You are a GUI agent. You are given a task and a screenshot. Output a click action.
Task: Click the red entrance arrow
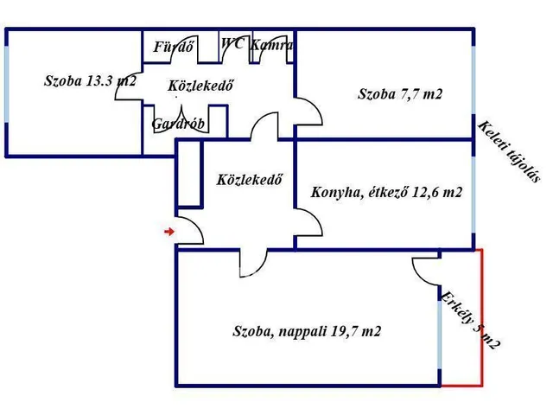pyautogui.click(x=169, y=231)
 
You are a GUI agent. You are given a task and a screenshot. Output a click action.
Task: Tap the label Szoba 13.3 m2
pyautogui.click(x=90, y=81)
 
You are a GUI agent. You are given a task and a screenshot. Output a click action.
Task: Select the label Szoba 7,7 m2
pyautogui.click(x=400, y=93)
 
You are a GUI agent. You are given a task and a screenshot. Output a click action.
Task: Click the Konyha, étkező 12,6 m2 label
pyautogui.click(x=385, y=192)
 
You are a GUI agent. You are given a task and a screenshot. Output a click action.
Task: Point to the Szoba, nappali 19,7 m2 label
pyautogui.click(x=307, y=330)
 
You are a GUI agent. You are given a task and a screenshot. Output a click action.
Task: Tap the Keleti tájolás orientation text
pyautogui.click(x=510, y=152)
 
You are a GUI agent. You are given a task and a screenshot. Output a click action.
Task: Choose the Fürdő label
pyautogui.click(x=174, y=47)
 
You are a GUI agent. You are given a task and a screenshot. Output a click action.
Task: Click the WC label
pyautogui.click(x=232, y=43)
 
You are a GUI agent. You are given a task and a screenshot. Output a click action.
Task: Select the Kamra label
pyautogui.click(x=271, y=44)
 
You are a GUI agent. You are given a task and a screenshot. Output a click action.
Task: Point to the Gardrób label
pyautogui.click(x=177, y=124)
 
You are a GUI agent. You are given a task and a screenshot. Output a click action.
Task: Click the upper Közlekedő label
pyautogui.click(x=202, y=86)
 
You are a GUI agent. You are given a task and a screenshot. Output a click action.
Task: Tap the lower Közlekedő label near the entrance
pyautogui.click(x=250, y=181)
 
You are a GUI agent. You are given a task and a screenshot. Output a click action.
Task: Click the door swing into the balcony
pyautogui.click(x=426, y=271)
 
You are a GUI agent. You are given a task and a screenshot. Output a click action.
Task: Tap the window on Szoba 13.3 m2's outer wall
pyautogui.click(x=7, y=86)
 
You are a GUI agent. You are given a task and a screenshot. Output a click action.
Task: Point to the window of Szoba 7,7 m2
pyautogui.click(x=474, y=84)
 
